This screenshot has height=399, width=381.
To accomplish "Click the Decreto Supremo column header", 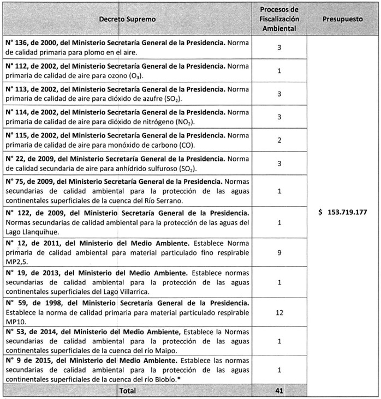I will [127, 19].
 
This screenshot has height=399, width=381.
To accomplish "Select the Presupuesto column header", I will [342, 19].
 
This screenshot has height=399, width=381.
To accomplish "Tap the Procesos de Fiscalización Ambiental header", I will [279, 19].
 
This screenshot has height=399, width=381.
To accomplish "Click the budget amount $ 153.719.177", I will [343, 213].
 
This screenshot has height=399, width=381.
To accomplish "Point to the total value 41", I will [279, 391].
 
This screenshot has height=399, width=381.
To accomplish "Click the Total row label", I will [127, 391].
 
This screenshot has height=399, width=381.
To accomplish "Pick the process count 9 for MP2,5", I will [279, 253].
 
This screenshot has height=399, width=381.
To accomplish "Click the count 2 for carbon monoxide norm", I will [279, 140].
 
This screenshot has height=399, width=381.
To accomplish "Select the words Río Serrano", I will [181, 200].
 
